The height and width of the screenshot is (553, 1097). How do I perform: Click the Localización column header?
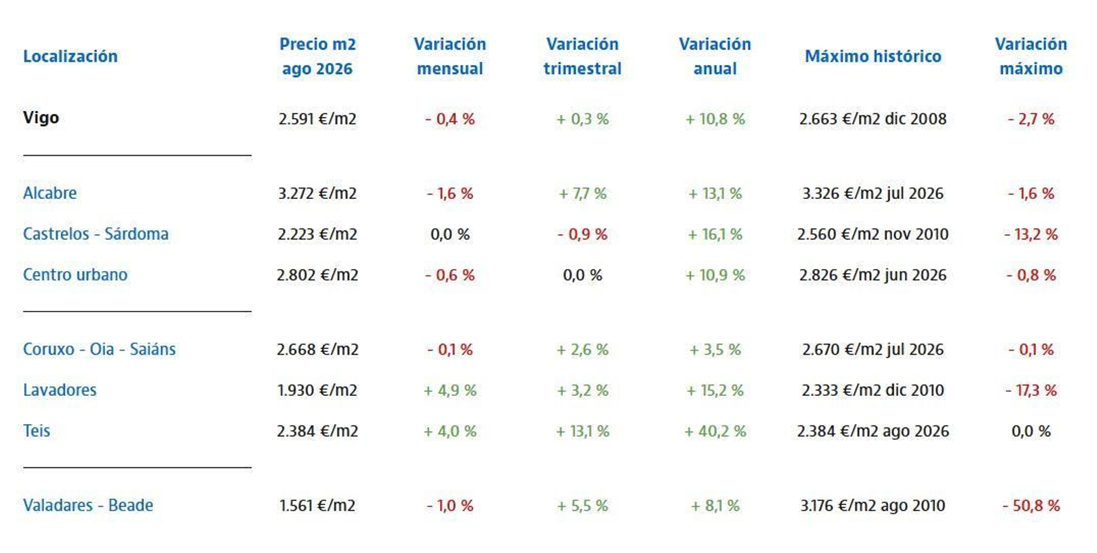(x=71, y=56)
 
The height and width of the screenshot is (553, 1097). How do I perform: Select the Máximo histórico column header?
(x=873, y=56)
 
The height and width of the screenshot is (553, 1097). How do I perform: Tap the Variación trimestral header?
(x=582, y=56)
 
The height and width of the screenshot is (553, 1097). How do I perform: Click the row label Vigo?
(x=41, y=118)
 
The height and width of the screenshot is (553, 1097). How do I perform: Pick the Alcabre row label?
(x=50, y=193)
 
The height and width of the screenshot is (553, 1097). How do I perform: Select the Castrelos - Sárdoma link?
(x=96, y=234)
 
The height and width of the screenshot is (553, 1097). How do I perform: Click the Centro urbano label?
(x=75, y=274)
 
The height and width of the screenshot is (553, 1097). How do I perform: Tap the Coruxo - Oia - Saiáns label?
(x=99, y=349)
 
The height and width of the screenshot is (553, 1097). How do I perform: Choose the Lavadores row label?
(x=60, y=390)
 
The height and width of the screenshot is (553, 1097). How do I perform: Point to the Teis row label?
(x=37, y=430)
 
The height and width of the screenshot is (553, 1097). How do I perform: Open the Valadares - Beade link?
(x=88, y=505)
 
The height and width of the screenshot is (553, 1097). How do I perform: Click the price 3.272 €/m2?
(x=317, y=193)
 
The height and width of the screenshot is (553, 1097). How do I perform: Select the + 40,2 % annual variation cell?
(x=715, y=431)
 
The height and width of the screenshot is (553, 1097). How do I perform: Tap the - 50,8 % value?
(x=1031, y=506)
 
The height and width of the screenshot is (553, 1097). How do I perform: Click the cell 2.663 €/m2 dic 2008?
(x=873, y=119)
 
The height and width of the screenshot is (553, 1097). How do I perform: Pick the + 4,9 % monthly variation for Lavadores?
(x=450, y=390)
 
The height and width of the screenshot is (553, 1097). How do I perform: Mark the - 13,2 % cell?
(x=1031, y=235)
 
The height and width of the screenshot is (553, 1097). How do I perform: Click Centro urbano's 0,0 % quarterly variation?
(x=582, y=275)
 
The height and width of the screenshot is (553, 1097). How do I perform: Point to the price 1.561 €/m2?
(x=317, y=506)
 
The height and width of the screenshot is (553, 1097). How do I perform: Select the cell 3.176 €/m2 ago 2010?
(x=873, y=506)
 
